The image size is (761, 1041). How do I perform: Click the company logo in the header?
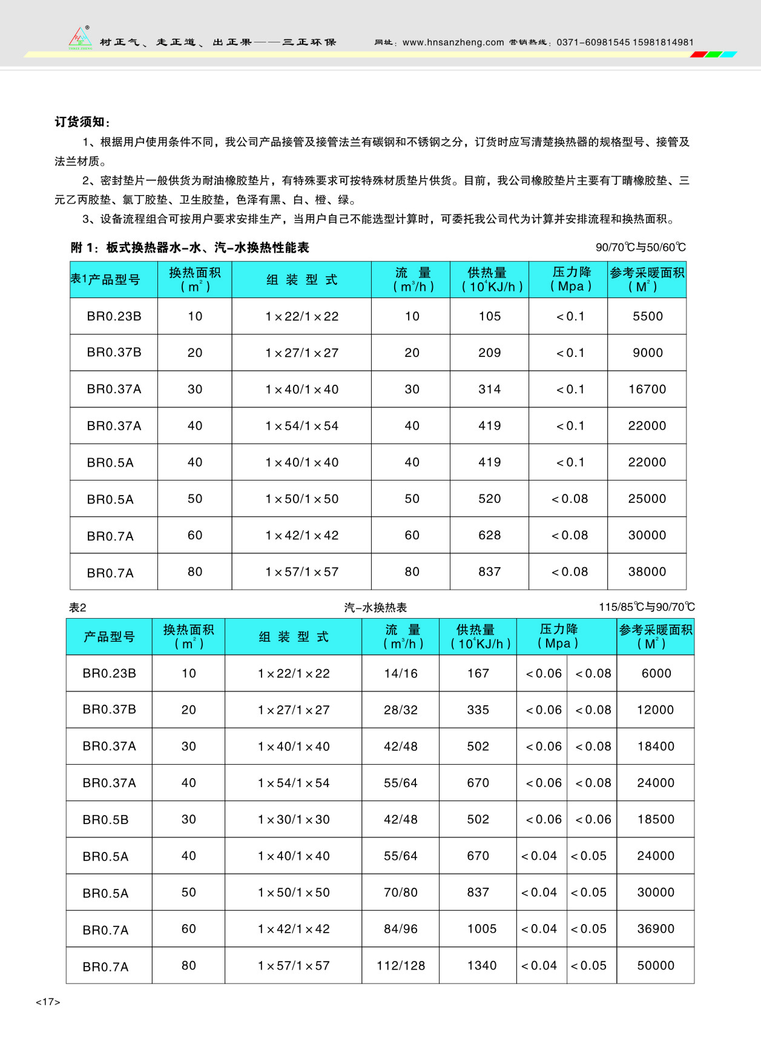point(80,38)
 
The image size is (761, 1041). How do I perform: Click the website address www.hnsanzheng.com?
point(453,42)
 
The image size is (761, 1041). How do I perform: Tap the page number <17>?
point(48,1002)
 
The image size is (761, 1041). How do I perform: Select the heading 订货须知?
point(82,122)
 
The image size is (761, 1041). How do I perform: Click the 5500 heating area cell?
point(648,316)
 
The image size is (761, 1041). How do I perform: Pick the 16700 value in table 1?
point(647,389)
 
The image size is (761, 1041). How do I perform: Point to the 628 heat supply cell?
point(489,535)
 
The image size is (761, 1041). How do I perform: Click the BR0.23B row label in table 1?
point(114,316)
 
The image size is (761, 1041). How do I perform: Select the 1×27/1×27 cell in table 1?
point(301,353)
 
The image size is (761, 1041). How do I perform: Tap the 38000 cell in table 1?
point(647,571)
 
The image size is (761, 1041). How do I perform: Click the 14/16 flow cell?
point(400,673)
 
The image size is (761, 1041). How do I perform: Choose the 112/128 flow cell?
point(400,965)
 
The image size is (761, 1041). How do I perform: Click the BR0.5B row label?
point(105,820)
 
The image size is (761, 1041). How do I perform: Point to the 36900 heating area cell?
point(656,928)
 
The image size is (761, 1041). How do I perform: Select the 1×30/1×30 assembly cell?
point(294,819)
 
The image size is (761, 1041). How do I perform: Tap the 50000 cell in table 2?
point(656,965)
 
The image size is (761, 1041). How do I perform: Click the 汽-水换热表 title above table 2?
point(375,607)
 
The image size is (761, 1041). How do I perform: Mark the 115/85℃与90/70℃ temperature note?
point(647,607)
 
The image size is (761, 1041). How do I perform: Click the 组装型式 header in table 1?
point(301,280)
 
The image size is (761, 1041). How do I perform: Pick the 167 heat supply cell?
point(478,673)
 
